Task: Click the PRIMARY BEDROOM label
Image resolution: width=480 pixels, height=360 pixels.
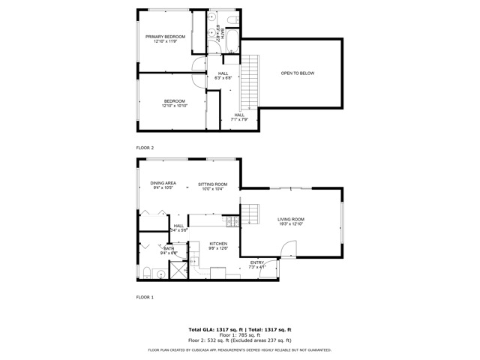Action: tap(164, 36)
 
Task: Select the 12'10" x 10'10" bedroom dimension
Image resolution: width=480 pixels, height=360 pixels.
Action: tap(174, 106)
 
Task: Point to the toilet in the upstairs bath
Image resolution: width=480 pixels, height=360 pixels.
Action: tap(232, 18)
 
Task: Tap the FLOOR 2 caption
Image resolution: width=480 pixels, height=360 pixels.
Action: tap(145, 148)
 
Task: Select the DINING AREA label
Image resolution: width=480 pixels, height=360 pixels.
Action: tap(163, 183)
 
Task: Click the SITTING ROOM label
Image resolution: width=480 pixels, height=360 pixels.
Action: tap(212, 184)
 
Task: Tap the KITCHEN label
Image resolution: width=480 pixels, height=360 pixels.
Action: tap(217, 244)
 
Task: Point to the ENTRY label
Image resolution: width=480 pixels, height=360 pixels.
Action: tap(256, 262)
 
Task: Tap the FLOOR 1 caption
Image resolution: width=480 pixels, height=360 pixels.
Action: tap(145, 298)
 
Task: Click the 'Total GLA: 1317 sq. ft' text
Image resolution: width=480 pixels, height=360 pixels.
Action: tap(213, 329)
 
